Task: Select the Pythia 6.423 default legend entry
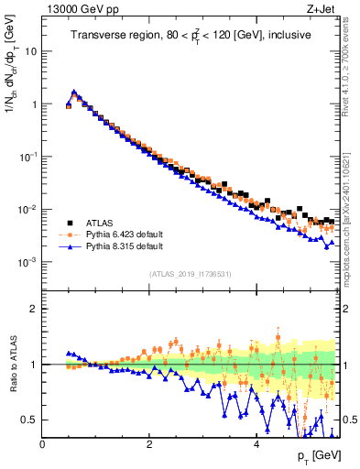click(x=115, y=234)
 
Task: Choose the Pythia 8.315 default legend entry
click(x=115, y=246)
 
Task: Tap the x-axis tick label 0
click(x=42, y=443)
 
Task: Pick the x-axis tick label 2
click(x=148, y=443)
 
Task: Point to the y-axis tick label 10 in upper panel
click(x=30, y=51)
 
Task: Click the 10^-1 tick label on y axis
click(x=28, y=157)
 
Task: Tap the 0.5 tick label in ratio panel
click(x=28, y=420)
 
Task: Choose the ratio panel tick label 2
click(x=33, y=309)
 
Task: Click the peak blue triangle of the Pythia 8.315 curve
click(x=73, y=92)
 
